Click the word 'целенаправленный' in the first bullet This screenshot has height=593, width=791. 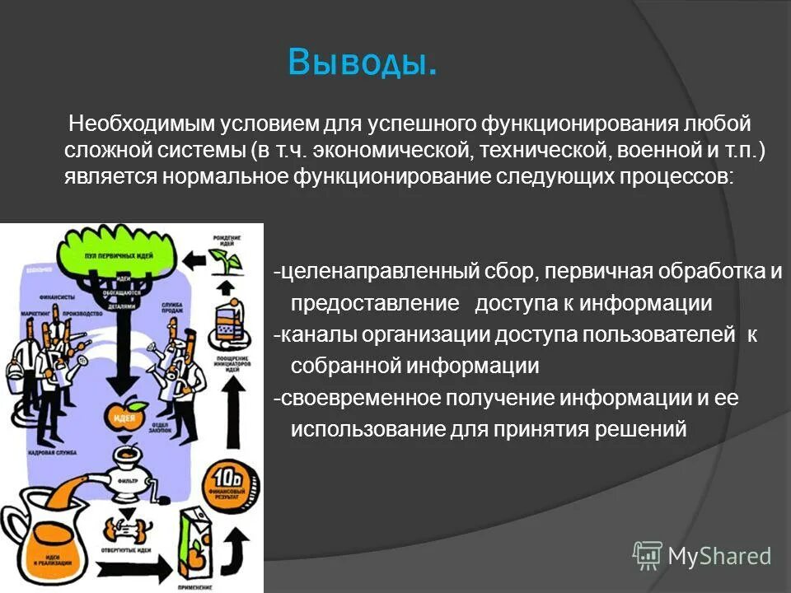(367, 272)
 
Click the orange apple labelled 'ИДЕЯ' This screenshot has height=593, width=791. (126, 415)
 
